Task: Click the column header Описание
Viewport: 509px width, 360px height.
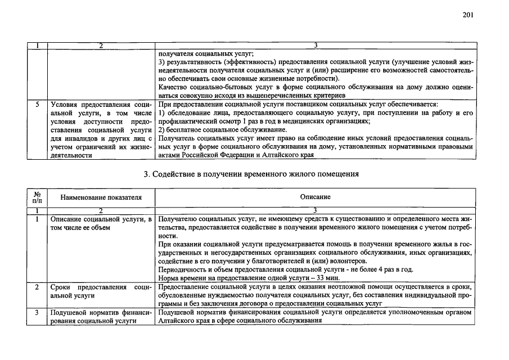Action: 316,197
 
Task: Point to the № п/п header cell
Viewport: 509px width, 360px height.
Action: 38,197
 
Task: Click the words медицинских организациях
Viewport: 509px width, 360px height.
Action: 327,121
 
